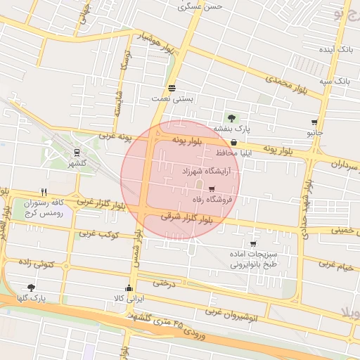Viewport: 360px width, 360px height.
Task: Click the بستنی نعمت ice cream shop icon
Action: point(172,87)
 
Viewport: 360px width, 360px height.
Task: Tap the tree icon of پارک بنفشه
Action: point(231,117)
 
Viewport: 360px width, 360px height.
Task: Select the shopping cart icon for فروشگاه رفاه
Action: point(212,188)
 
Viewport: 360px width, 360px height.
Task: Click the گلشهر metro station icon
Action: point(76,152)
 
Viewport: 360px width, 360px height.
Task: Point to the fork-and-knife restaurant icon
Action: point(44,191)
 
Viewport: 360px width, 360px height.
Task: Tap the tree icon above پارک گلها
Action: point(31,287)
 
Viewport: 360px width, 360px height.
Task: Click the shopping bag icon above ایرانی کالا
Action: point(128,288)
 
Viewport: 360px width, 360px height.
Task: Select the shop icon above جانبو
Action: point(314,122)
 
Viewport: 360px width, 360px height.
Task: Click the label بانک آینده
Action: point(335,51)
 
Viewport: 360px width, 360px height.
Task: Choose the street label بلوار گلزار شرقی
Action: point(186,218)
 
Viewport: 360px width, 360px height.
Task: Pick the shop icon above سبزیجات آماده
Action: point(252,243)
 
